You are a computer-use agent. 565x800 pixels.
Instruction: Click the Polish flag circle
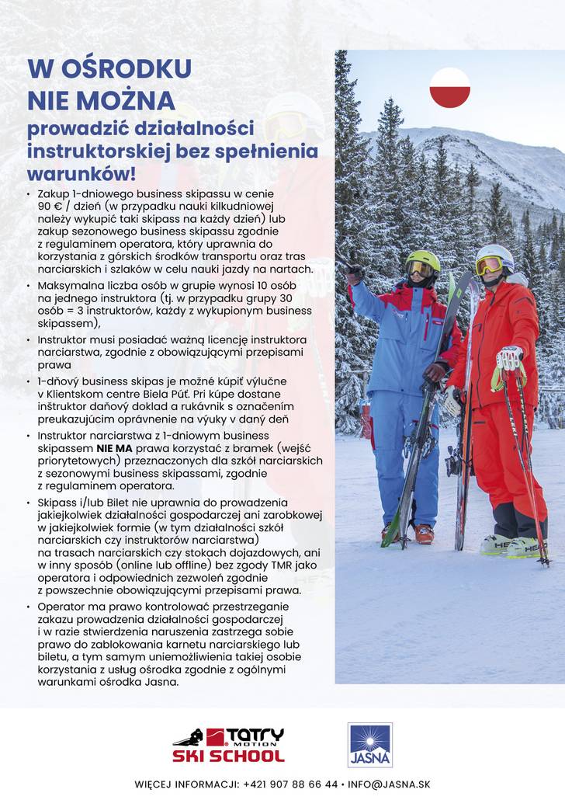point(449,88)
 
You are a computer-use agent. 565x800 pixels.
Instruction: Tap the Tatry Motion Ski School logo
point(228,745)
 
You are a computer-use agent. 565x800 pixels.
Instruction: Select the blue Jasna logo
point(370,745)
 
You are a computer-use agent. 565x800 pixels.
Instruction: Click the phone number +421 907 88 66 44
point(290,784)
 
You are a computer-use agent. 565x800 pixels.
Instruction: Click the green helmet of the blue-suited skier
point(422,259)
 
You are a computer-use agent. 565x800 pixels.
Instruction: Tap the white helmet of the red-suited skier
point(496,254)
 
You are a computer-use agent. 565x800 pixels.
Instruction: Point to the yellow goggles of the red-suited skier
point(490,266)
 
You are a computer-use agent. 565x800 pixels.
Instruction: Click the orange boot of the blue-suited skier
point(423,534)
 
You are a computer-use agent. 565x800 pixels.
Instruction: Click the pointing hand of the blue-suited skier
point(355,273)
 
